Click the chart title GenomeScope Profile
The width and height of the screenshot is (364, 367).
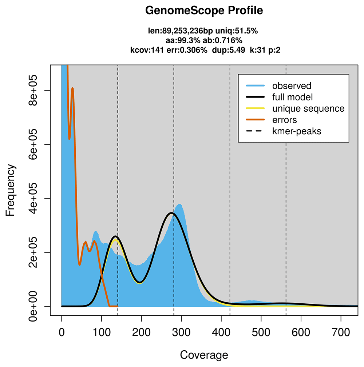pyautogui.click(x=204, y=11)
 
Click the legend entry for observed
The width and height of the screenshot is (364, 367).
pyautogui.click(x=292, y=86)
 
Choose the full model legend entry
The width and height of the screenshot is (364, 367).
pyautogui.click(x=292, y=97)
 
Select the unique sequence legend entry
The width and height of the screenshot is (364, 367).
pyautogui.click(x=308, y=108)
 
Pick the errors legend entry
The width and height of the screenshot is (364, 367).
pyautogui.click(x=284, y=120)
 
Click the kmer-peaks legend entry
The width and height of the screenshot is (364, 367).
pyautogui.click(x=297, y=131)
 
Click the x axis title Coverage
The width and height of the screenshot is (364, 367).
pyautogui.click(x=204, y=355)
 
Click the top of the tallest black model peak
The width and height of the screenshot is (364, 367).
pyautogui.click(x=171, y=213)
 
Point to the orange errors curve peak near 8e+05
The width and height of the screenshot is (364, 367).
pyautogui.click(x=72, y=88)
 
